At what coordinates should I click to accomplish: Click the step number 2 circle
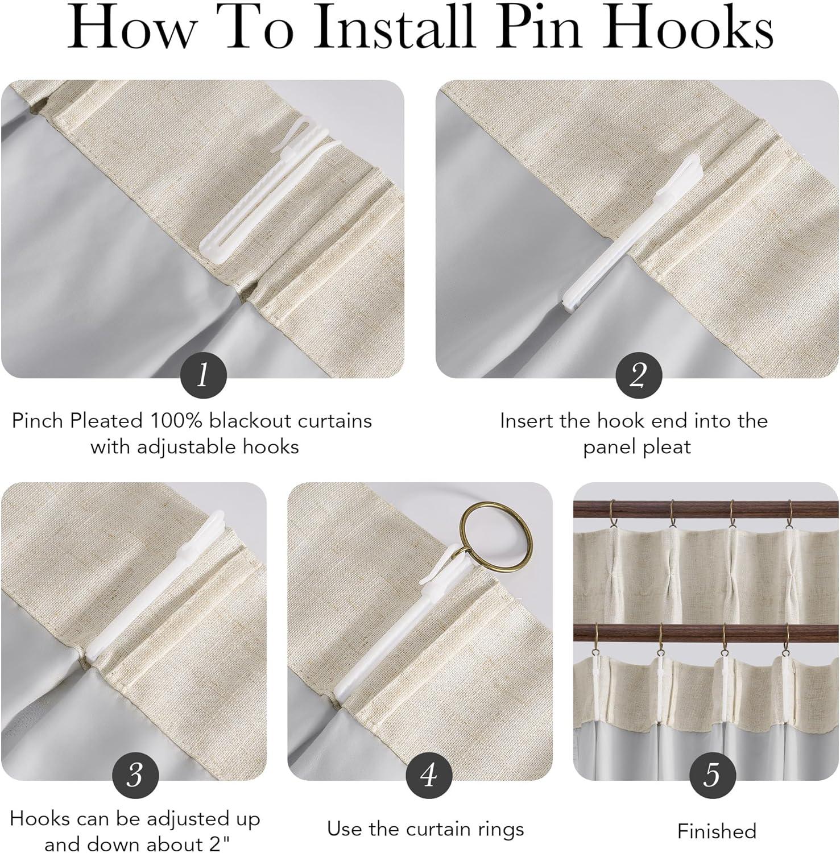(x=638, y=375)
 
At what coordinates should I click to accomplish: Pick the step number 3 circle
(x=135, y=775)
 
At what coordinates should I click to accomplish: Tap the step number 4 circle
(x=428, y=775)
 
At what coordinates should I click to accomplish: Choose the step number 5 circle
(x=712, y=775)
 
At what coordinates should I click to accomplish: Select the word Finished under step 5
(x=717, y=831)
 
